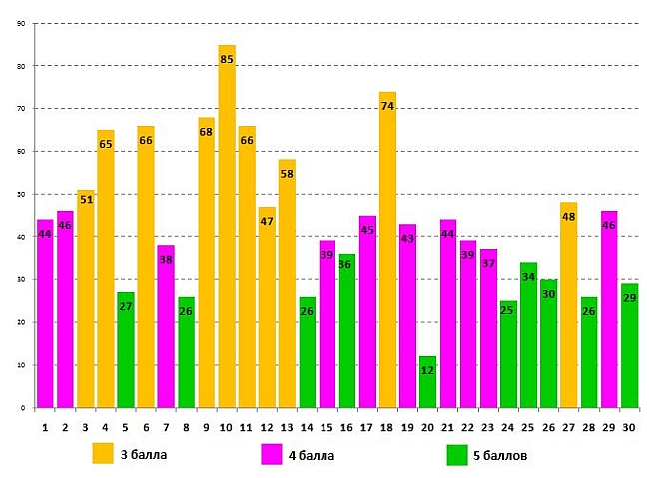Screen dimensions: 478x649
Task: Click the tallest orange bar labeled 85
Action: (x=227, y=230)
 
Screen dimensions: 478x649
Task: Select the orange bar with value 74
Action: (x=387, y=250)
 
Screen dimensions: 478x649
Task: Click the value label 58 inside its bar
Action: (x=287, y=174)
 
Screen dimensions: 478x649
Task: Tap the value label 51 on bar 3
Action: (x=86, y=199)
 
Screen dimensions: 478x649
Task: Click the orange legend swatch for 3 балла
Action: (x=104, y=454)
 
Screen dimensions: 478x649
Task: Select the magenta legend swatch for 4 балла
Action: (x=272, y=454)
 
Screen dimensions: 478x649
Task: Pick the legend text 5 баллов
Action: (x=501, y=456)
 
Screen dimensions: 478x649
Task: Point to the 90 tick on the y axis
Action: (x=21, y=23)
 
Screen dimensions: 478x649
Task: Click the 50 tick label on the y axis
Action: (x=21, y=194)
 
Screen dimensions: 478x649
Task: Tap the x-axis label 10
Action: (x=226, y=425)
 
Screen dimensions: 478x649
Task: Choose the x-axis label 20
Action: (x=427, y=425)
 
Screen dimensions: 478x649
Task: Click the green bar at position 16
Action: (x=347, y=331)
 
